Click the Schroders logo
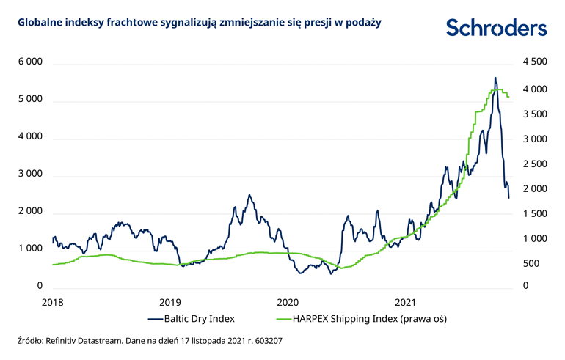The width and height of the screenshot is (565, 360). (496, 28)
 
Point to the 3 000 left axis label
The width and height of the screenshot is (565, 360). (30, 175)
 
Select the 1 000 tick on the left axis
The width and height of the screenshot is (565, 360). (30, 249)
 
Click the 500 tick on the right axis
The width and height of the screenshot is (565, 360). (531, 262)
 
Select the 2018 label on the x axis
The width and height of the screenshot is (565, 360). (52, 302)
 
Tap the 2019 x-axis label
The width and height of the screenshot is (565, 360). (170, 302)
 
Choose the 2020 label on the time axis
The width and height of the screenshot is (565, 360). (288, 302)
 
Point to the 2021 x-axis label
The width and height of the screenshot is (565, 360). (406, 302)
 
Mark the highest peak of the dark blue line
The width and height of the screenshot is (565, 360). (495, 78)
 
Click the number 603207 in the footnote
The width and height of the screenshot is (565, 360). (267, 341)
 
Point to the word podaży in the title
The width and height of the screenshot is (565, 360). (364, 22)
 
